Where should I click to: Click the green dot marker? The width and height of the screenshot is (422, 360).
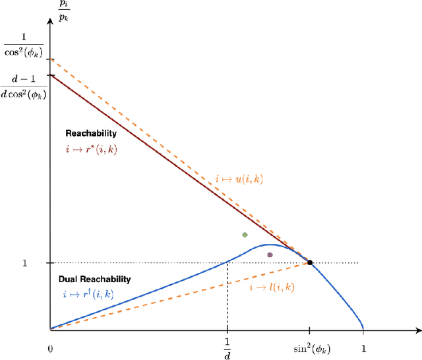[245, 235]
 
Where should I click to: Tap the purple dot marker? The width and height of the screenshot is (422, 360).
[270, 255]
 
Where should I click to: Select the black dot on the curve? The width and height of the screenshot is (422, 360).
[310, 263]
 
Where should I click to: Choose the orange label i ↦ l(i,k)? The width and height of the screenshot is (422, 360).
[271, 288]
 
